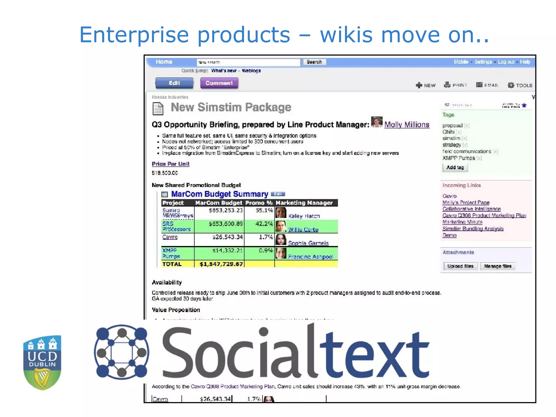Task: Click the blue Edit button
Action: pos(174,83)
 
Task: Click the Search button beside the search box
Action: pos(314,62)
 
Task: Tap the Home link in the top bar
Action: pos(164,62)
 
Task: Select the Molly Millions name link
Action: pos(407,125)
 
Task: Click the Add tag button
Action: pos(455,168)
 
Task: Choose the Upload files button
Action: pos(460,266)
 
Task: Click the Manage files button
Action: pos(497,266)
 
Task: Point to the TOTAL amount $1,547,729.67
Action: pos(221,264)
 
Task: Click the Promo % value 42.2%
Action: pos(264,224)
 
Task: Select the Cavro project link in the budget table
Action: pos(170,237)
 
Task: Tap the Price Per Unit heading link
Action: pos(170,164)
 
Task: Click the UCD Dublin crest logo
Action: pos(42,362)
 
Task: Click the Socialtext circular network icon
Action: pos(121,352)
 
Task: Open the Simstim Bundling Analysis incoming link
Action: pos(473,229)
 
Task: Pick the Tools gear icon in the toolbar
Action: pos(511,85)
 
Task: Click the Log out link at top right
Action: pos(506,62)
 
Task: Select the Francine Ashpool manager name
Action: pos(310,257)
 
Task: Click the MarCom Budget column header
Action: pos(219,203)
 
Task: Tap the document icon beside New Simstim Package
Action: pos(158,108)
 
